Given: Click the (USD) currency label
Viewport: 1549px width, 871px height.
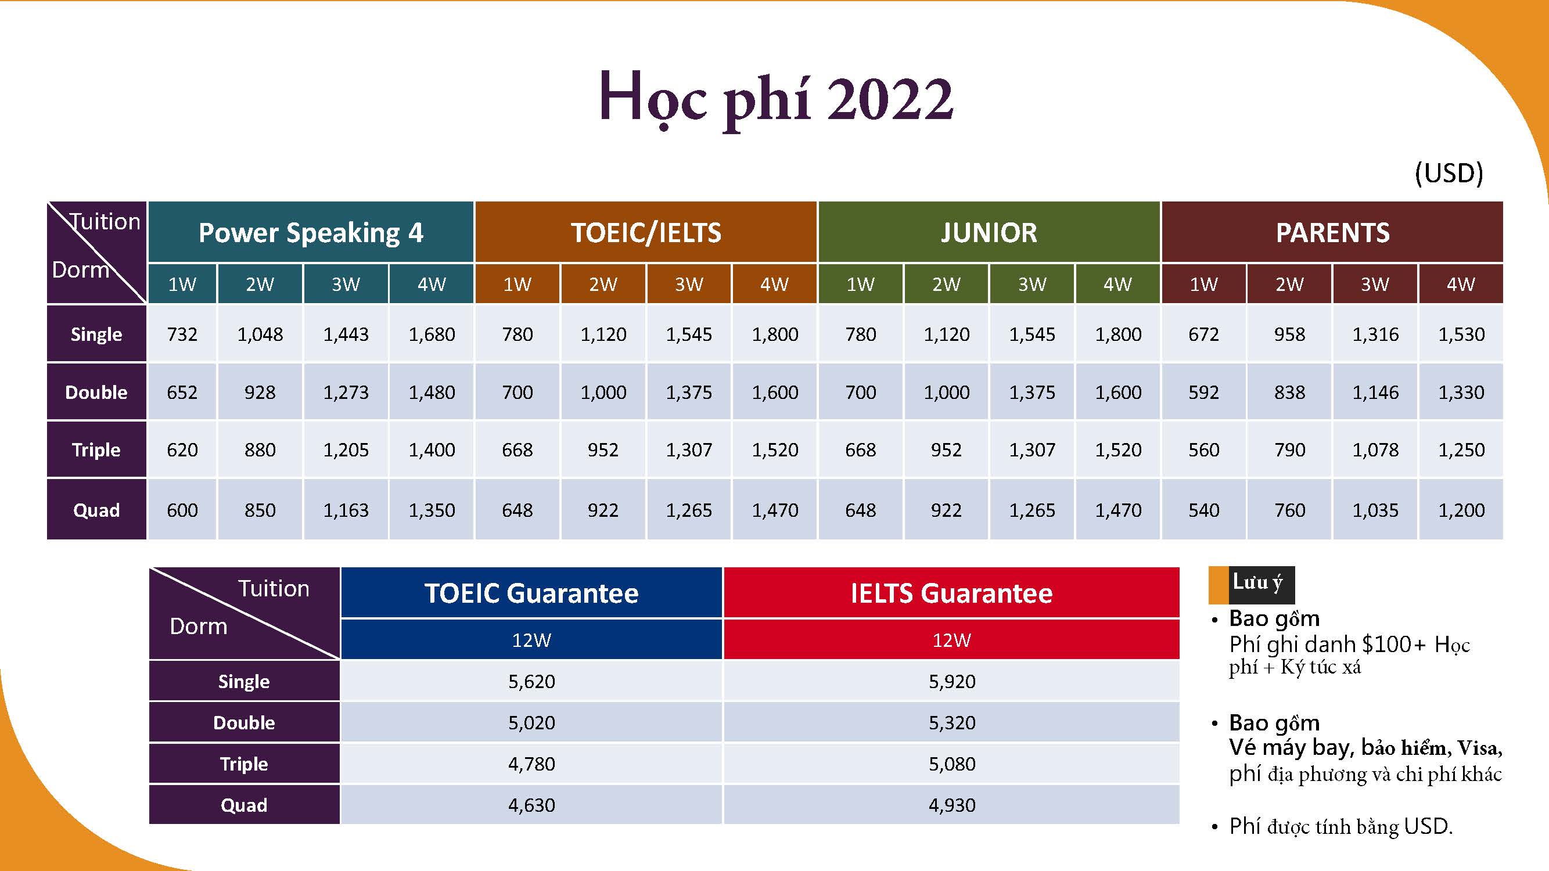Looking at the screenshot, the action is pos(1449,173).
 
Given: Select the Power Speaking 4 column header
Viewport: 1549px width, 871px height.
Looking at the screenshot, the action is pos(311,233).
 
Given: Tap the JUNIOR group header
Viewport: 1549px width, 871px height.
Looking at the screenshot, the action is pos(989,233).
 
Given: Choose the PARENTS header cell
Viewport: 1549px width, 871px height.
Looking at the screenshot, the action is pos(1332,233).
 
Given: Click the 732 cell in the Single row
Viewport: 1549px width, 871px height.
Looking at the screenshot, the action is pos(182,334).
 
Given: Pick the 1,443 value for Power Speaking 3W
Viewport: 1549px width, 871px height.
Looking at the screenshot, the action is pos(346,334).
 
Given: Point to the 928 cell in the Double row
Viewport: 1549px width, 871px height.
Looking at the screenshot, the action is pos(260,393).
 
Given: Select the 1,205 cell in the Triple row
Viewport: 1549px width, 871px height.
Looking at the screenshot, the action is pos(346,450).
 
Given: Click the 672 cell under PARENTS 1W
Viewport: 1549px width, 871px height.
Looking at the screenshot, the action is pos(1204,334).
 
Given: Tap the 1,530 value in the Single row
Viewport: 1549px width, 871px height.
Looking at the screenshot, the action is pos(1461,334).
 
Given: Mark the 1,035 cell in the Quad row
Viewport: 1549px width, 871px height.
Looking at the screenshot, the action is pos(1375,510).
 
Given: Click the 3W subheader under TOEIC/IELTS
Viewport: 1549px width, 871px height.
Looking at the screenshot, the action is pos(688,284).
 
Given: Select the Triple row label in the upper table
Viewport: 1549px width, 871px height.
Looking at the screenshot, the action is pos(96,449).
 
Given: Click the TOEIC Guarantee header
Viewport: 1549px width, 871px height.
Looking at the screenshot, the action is pos(531,593).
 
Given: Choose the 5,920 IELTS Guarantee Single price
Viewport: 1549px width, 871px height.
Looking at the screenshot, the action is pos(952,682).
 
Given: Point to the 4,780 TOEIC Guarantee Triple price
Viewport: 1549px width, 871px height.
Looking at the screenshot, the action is pos(531,764).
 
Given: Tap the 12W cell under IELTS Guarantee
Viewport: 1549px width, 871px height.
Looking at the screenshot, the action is pos(952,639).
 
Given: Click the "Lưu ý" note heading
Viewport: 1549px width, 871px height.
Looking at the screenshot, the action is pos(1257,583).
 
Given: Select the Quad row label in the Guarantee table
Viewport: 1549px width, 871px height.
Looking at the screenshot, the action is pos(244,805).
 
